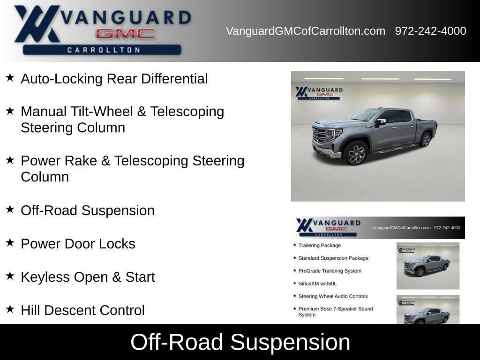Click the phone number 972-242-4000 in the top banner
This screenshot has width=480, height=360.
tap(430, 31)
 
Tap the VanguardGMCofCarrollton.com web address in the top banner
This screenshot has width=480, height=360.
tap(306, 31)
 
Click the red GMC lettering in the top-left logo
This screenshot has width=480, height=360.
tap(125, 34)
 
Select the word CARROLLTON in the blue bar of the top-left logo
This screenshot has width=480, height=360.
tap(104, 50)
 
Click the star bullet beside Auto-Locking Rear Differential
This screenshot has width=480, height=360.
tap(10, 77)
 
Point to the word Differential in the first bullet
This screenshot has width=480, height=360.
tap(174, 79)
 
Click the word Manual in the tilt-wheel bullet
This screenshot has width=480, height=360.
tap(44, 112)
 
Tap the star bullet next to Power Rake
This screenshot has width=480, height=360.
tap(10, 159)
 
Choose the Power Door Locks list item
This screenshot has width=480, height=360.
tap(78, 244)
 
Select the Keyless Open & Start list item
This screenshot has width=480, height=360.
tap(88, 277)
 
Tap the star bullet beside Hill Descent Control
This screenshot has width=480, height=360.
tap(10, 309)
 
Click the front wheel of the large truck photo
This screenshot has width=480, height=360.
tap(355, 153)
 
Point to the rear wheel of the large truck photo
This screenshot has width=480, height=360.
tap(425, 140)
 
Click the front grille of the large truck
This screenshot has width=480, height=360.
tap(319, 134)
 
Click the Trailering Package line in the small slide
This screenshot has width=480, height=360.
tap(319, 246)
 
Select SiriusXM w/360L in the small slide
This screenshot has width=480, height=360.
tap(317, 284)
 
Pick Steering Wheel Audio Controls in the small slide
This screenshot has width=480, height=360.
tap(333, 296)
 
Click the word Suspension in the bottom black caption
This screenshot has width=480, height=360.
tap(290, 342)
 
